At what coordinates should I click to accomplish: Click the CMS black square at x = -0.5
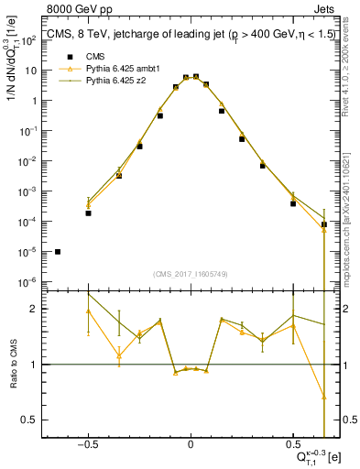[x=89, y=213]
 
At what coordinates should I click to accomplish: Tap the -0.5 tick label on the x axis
[x=87, y=444]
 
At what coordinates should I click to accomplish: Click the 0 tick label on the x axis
[x=191, y=444]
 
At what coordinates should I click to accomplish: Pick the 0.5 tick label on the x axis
[x=292, y=444]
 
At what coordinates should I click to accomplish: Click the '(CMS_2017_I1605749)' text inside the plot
[x=191, y=274]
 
